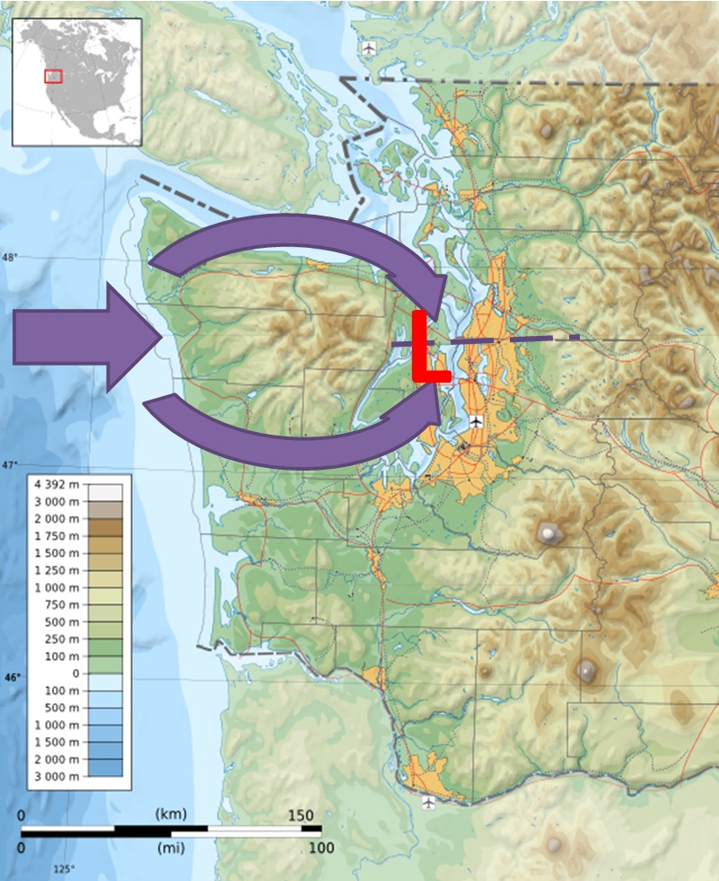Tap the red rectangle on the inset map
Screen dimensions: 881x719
53,76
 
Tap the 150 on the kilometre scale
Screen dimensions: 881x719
301,815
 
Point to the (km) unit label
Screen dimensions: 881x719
171,815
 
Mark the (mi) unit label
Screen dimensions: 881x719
171,848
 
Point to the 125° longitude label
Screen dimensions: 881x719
64,869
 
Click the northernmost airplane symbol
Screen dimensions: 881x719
368,47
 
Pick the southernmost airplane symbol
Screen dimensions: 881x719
428,802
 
